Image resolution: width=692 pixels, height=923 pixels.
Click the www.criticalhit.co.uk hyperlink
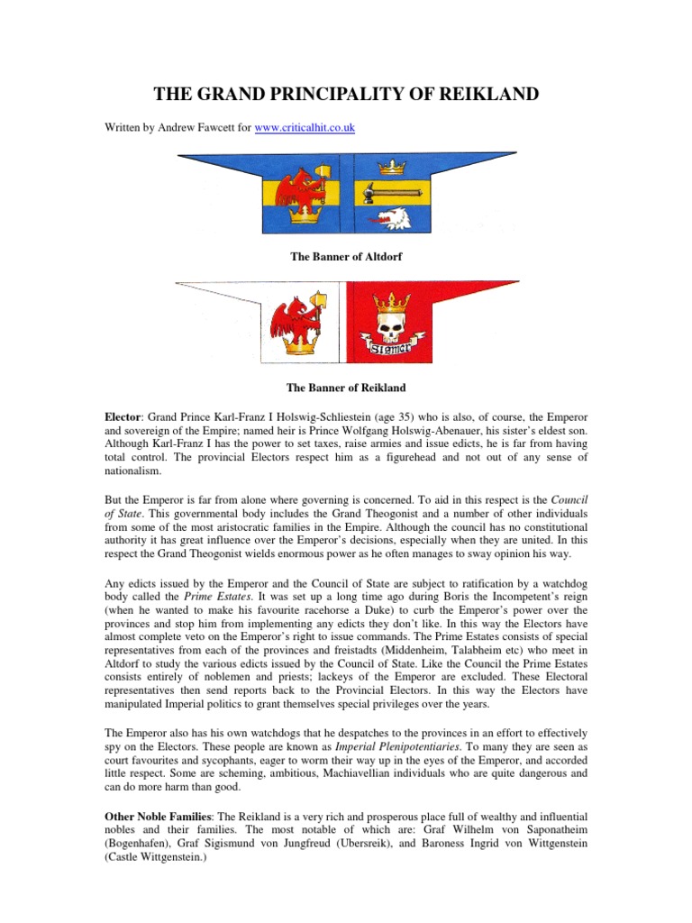[305, 129]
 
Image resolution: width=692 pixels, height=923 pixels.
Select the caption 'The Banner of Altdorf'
[346, 257]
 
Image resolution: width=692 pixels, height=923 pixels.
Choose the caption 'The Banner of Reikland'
[346, 388]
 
